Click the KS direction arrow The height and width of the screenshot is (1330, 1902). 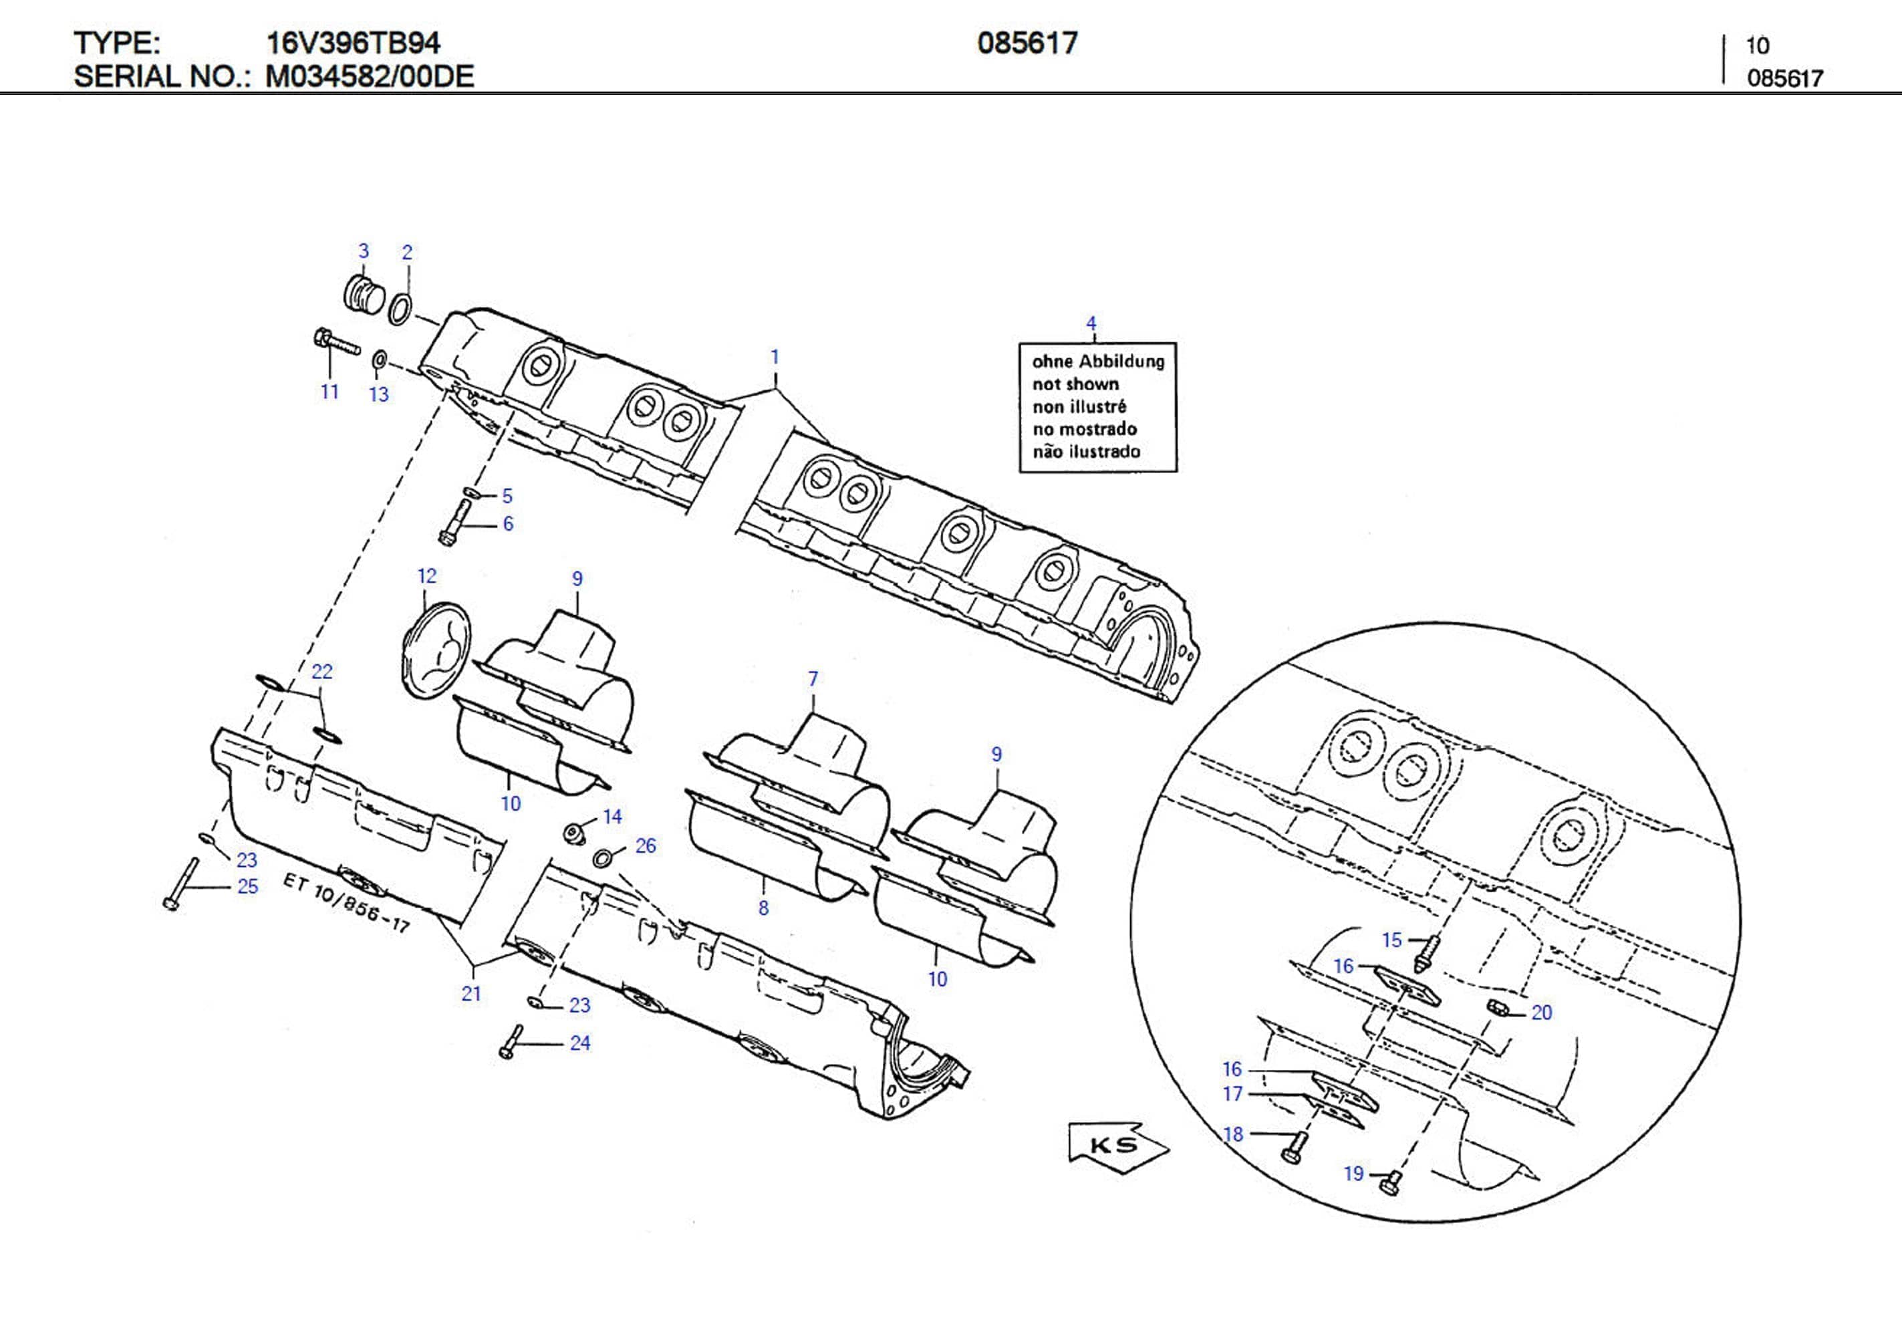[1117, 1146]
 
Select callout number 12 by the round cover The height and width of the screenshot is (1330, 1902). [426, 576]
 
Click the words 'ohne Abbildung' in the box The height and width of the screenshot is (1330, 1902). [1097, 362]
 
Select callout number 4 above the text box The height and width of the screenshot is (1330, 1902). [1091, 323]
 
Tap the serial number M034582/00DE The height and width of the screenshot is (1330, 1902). [370, 76]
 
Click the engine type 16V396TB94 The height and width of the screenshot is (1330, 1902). [353, 42]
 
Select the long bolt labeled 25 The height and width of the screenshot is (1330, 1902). [181, 884]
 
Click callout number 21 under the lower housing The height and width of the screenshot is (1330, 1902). [471, 994]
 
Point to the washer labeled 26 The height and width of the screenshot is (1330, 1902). [604, 857]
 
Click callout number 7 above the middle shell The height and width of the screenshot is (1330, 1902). [813, 678]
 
